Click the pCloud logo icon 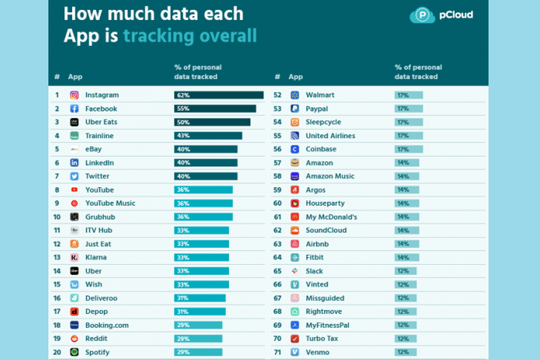(422, 14)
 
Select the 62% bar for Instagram (219, 95)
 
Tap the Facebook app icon (74, 109)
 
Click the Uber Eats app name (101, 122)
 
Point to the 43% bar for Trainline (208, 135)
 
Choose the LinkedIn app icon (74, 163)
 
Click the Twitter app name (97, 176)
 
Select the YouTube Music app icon (74, 203)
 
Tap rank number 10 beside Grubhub (57, 217)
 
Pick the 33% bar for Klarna (202, 257)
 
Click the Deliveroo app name (102, 298)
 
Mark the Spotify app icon (74, 352)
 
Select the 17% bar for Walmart (408, 95)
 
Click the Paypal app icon (294, 109)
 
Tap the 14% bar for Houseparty (407, 203)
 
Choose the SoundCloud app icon (294, 230)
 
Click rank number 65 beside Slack (278, 271)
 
